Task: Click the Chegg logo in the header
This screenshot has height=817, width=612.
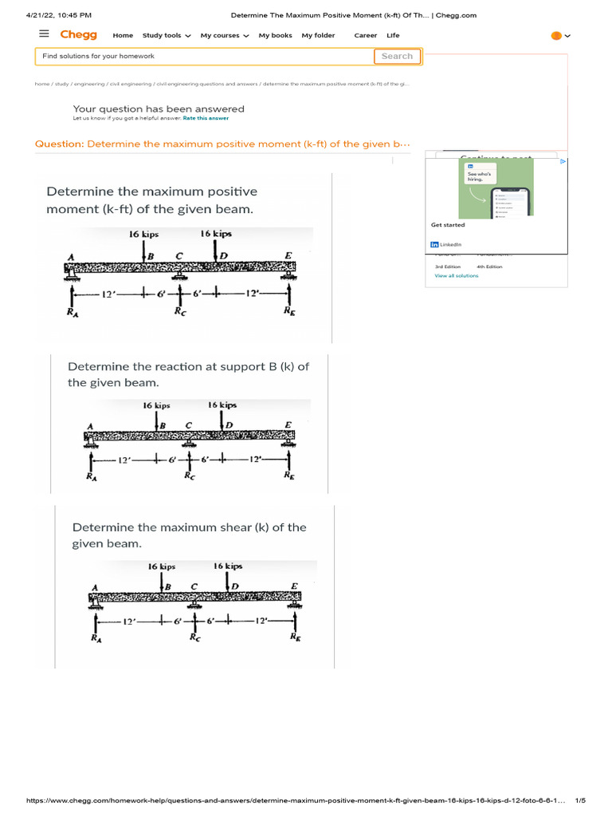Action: (79, 35)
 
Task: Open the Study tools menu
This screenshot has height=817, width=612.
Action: (167, 36)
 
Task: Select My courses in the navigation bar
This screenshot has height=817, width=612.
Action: (225, 36)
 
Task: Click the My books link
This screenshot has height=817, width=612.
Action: (275, 36)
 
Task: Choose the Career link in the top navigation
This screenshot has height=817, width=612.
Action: (366, 36)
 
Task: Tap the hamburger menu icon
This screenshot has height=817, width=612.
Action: (44, 34)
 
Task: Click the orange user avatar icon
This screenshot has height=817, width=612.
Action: (556, 36)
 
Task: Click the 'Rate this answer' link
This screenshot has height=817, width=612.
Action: (206, 118)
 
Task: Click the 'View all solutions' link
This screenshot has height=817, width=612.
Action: (457, 275)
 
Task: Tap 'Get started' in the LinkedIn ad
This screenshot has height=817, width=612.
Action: (448, 225)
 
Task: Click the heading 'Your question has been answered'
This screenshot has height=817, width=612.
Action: (159, 109)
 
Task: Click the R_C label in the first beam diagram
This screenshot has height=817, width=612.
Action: (181, 313)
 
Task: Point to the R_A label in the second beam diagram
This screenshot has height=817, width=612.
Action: (92, 476)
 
